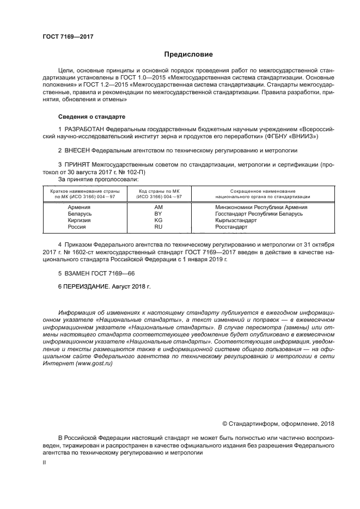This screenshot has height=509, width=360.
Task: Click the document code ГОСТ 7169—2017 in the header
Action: point(65,36)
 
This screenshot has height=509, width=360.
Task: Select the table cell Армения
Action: point(79,207)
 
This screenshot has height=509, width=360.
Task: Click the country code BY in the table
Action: point(158,214)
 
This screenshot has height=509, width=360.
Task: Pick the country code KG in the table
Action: point(158,221)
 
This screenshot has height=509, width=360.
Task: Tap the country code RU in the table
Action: point(158,228)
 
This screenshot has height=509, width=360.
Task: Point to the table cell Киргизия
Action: point(80,221)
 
